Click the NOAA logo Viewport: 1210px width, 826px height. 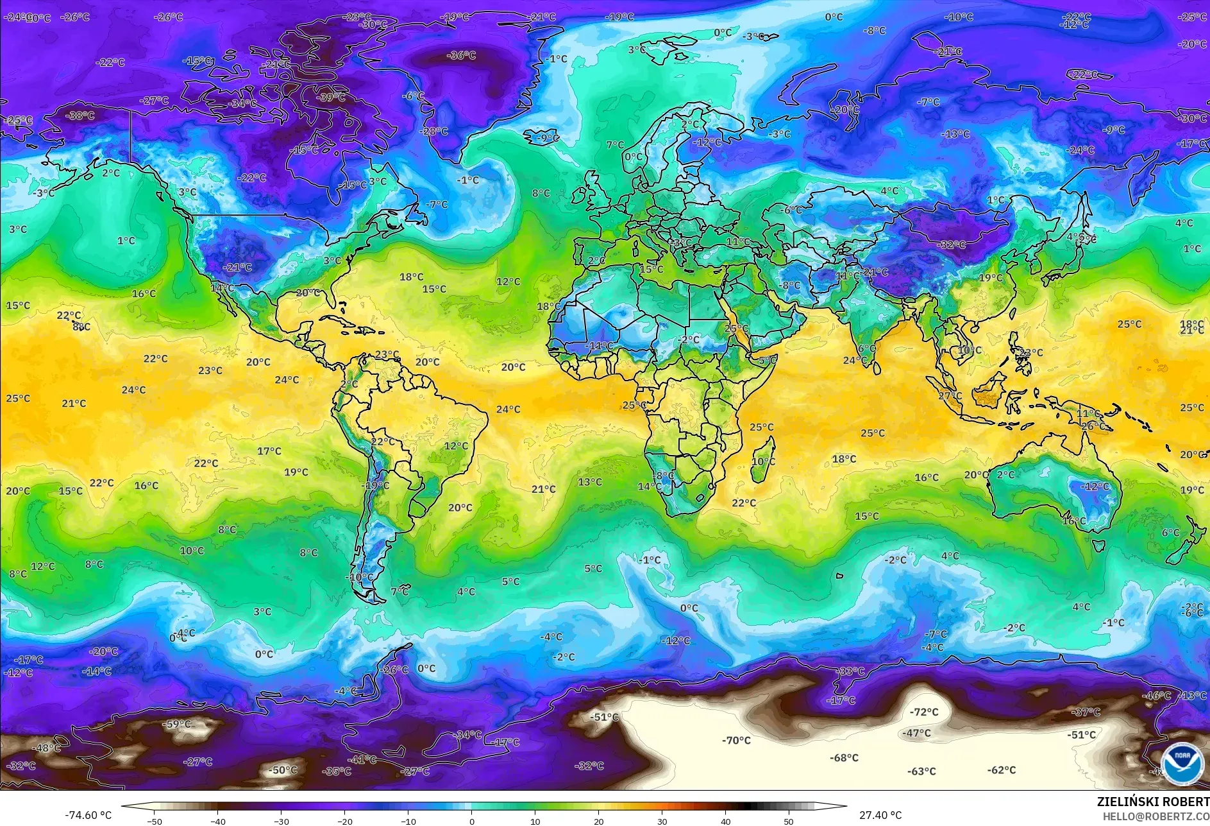1181,763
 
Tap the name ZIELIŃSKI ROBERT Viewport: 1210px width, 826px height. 1153,802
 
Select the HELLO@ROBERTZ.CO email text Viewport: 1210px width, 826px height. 1155,816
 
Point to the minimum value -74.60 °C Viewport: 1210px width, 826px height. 88,815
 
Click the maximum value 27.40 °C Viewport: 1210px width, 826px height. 880,815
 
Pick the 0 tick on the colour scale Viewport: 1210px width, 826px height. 472,821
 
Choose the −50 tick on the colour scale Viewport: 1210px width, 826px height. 154,821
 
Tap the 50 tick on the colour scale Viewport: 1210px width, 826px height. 789,821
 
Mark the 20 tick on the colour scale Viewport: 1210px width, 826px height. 598,821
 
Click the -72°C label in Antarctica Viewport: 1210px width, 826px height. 924,712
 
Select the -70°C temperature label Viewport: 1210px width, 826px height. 736,740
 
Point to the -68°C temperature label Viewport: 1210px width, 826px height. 844,758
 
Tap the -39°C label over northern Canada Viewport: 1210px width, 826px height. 332,98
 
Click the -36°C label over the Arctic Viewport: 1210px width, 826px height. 461,56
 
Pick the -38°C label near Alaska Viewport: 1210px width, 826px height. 81,116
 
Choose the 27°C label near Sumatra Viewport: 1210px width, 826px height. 950,396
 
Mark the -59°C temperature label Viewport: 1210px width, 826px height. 178,724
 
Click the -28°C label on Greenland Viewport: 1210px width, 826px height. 434,132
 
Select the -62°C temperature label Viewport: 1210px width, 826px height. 1002,770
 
